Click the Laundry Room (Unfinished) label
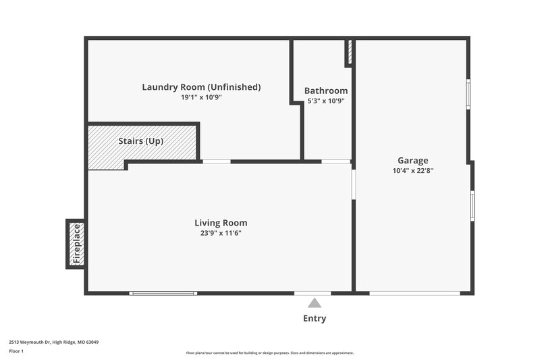coord(201,87)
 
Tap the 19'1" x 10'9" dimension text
coord(201,97)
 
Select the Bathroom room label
coord(326,91)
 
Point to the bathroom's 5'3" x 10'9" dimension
coord(326,101)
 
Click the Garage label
coord(412,160)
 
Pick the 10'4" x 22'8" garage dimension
coord(412,171)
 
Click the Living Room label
coord(221,222)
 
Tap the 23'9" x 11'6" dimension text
coord(221,233)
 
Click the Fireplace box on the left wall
coord(76,244)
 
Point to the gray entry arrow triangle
coord(315,304)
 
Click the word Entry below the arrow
coord(315,319)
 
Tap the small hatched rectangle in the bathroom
coord(349,53)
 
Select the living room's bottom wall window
coord(163,293)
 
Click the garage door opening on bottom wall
coord(414,293)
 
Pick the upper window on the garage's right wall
coord(468,94)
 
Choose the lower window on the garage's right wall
coord(472,206)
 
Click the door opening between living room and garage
coord(353,184)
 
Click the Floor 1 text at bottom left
coord(16,351)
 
